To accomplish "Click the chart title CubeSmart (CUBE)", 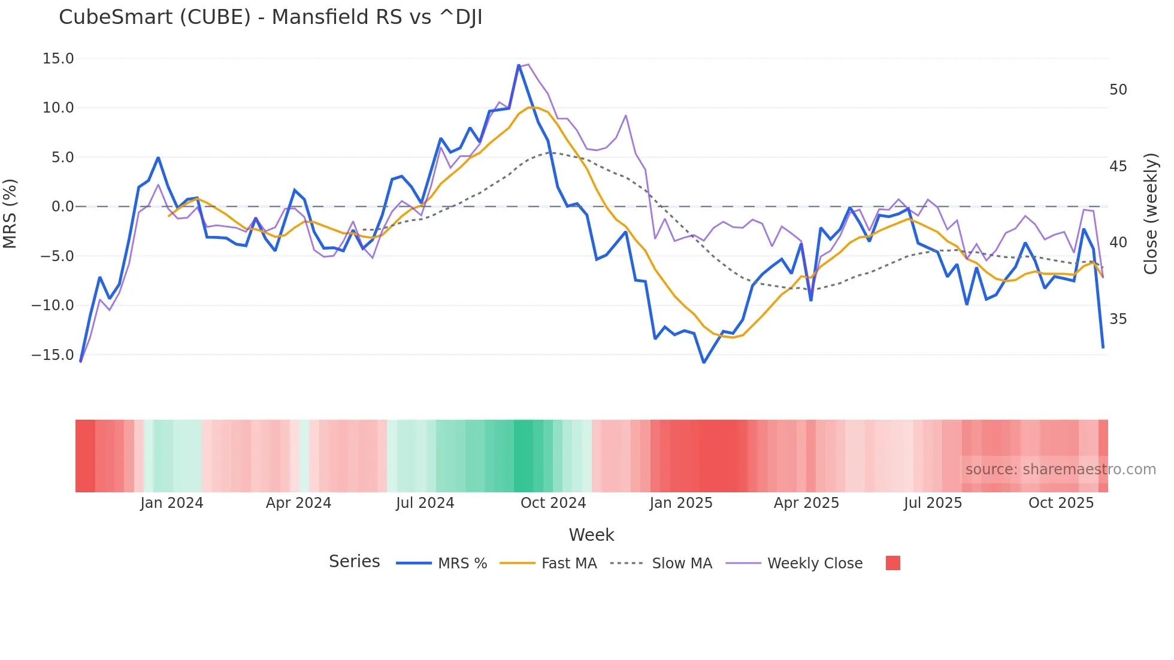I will [x=270, y=17].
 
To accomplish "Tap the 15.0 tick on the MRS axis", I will [x=58, y=59].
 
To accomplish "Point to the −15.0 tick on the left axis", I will [x=53, y=355].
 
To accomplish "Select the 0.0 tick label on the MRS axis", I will [x=62, y=207].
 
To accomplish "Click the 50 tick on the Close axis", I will [x=1118, y=90].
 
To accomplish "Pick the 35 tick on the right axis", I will [x=1118, y=319].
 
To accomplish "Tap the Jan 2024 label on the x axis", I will [x=172, y=503].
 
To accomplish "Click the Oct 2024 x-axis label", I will [x=553, y=503].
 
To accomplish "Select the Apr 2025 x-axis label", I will [x=806, y=503].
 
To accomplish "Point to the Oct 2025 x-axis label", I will [x=1061, y=503].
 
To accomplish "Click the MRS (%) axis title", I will [x=10, y=213].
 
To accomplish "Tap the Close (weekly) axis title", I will [x=1151, y=214].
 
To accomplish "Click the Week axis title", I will [x=591, y=535].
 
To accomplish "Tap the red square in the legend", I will [x=892, y=563].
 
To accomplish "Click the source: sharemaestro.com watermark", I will [x=1060, y=470].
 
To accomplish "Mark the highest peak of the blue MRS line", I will [x=519, y=65].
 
